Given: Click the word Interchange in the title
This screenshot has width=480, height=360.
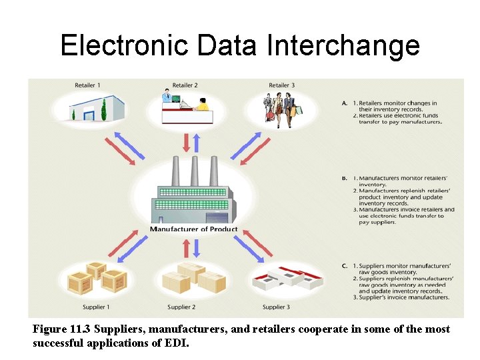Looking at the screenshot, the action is (343, 45).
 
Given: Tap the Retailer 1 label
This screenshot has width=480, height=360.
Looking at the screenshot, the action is (87, 85).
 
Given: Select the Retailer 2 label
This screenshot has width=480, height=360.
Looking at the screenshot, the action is (185, 85).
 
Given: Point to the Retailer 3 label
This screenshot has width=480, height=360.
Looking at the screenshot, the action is (281, 85).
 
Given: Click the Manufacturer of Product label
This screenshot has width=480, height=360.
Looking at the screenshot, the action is (193, 229).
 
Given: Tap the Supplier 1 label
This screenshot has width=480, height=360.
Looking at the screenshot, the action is (95, 307).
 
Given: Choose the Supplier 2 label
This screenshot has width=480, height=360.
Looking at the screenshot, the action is (181, 307).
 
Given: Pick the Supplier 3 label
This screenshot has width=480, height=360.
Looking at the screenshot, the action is (276, 307).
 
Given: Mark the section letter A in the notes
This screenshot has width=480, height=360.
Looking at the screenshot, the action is (345, 103).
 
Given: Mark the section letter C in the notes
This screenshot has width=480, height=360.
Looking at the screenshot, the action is (345, 266).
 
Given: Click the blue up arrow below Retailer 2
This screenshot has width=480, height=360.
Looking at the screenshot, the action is (196, 143).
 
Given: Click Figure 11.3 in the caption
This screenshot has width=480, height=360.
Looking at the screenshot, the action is (64, 330).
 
